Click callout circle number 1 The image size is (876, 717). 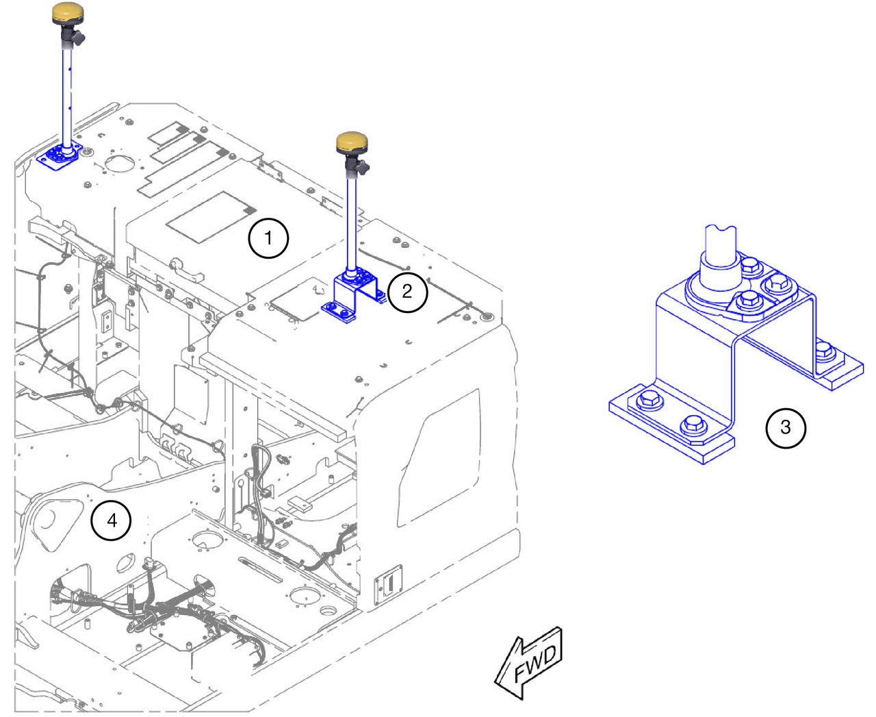point(268,238)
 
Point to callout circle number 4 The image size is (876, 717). point(111,520)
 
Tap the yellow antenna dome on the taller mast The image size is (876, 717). point(68,13)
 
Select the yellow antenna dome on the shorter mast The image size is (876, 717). point(352,143)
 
